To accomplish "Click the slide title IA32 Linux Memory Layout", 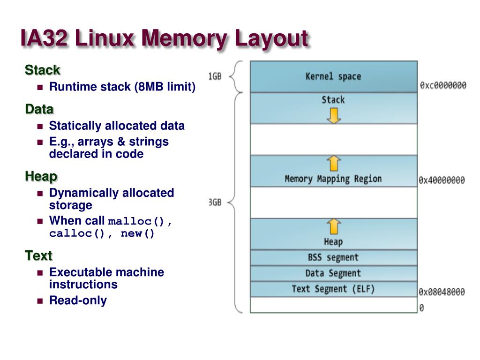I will (164, 38).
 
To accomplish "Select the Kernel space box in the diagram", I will (333, 76).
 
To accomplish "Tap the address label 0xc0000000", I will (442, 85).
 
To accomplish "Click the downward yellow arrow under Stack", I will (333, 115).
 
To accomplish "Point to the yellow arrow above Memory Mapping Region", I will (333, 164).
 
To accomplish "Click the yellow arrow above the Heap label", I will (333, 226).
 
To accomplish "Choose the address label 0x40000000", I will (442, 180).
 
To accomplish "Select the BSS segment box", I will (333, 257).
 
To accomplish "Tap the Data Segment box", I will (333, 273).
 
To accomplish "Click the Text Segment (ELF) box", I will (333, 289).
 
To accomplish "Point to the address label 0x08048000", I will (442, 292).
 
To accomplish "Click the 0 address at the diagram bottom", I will (421, 308).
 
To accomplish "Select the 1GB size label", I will (215, 76).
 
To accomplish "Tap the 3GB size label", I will (215, 202).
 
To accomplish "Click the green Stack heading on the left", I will (42, 70).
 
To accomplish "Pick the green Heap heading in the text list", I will (41, 177).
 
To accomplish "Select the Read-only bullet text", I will (78, 300).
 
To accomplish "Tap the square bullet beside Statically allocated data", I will (40, 126).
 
